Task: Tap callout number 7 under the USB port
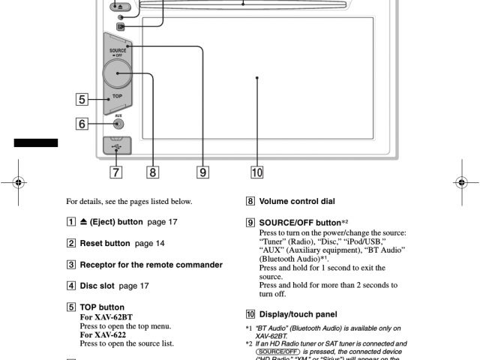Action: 116,172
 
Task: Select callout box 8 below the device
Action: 153,172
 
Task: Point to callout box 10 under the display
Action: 256,172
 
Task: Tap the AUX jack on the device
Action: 118,125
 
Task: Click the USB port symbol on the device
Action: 117,144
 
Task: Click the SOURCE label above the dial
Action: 117,50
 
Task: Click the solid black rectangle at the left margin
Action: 35,142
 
